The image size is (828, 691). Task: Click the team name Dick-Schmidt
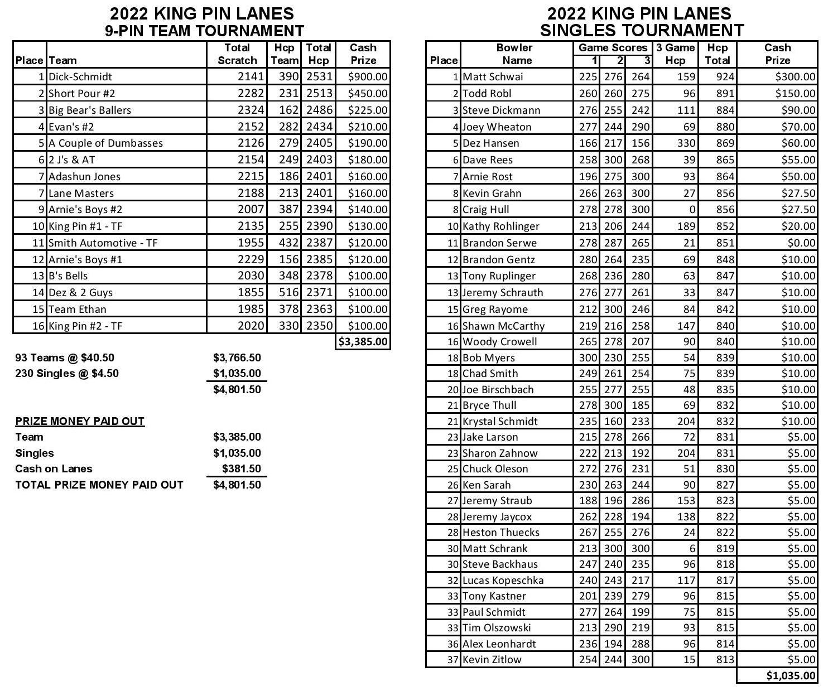pyautogui.click(x=80, y=77)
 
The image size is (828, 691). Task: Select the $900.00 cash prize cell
pyautogui.click(x=367, y=77)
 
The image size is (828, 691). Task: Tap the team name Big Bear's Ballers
pyautogui.click(x=90, y=110)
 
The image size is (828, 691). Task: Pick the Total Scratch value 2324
pyautogui.click(x=251, y=110)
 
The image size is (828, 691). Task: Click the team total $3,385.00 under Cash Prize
pyautogui.click(x=363, y=342)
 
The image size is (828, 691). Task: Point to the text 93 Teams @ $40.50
pyautogui.click(x=65, y=358)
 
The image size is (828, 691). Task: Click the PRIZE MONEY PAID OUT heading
pyautogui.click(x=80, y=421)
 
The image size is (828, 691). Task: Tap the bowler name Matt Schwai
pyautogui.click(x=493, y=77)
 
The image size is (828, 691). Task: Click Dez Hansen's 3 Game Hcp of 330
pyautogui.click(x=686, y=143)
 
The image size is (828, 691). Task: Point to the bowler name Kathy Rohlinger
pyautogui.click(x=500, y=226)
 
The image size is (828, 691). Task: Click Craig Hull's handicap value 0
pyautogui.click(x=692, y=210)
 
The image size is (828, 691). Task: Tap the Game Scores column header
pyautogui.click(x=613, y=48)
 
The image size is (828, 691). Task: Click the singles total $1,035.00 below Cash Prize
pyautogui.click(x=791, y=676)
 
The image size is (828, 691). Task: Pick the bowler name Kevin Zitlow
pyautogui.click(x=492, y=660)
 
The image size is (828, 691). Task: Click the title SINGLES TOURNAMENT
pyautogui.click(x=642, y=30)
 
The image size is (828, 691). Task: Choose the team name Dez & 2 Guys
pyautogui.click(x=80, y=293)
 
